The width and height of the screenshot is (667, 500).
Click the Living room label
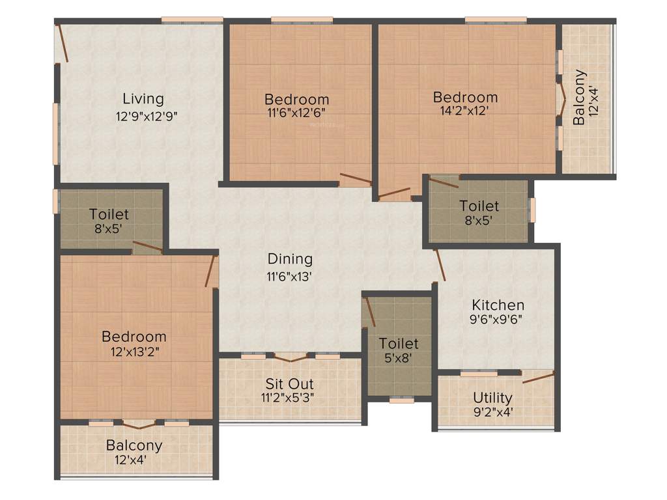pos(143,99)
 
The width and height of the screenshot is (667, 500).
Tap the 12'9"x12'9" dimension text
pos(147,117)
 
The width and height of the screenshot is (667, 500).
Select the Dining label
pos(290,259)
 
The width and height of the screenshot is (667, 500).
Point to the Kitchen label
pos(498,305)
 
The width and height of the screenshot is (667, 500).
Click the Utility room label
pos(492,397)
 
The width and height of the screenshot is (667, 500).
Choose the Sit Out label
pos(289,383)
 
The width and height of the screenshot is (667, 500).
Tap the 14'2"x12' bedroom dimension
pos(464,111)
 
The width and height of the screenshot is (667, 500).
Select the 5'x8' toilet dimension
pos(399,357)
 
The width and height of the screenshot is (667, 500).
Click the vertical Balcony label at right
pos(579,97)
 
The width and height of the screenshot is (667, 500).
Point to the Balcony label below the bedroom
pos(134,446)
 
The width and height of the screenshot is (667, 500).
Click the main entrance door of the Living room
pos(62,44)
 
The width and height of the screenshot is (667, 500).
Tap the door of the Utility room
pos(537,377)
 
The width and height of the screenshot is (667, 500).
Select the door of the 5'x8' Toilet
pos(369,311)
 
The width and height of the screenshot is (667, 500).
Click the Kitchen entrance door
pos(440,264)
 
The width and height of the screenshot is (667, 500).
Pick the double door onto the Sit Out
pos(290,357)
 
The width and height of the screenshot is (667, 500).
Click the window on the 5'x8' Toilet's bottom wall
pos(401,400)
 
